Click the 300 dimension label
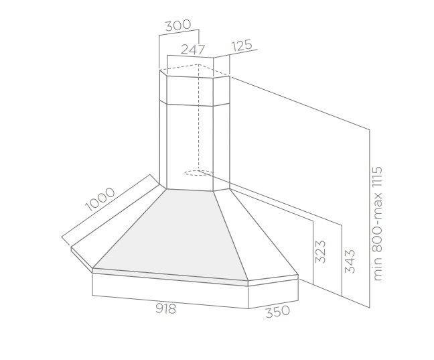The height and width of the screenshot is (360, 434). point(178,25)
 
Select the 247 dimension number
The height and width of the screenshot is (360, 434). point(193,50)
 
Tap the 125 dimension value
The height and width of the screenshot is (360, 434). point(242,45)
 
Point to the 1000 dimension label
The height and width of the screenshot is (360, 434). point(100,199)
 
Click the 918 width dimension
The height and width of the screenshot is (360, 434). point(166,308)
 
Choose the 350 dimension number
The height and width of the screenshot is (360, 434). point(278,311)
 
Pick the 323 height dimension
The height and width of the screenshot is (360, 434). point(321,251)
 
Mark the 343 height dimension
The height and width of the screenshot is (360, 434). point(350,261)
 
